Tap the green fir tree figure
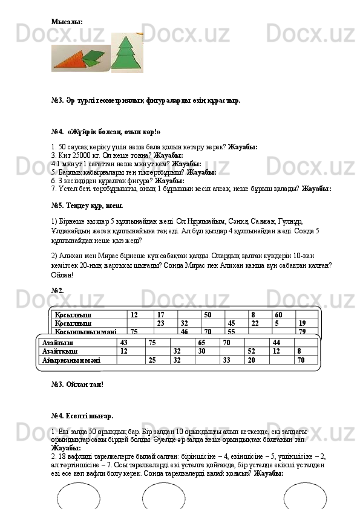click(125, 55)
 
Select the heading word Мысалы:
click(67, 22)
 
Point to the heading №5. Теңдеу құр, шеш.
click(83, 206)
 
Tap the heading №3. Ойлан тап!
click(77, 384)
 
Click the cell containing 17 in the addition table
click(161, 315)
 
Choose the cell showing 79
click(302, 331)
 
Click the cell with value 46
click(185, 331)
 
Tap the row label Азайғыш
click(54, 342)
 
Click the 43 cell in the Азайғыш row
click(125, 342)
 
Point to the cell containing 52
click(252, 351)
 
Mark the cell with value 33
click(227, 360)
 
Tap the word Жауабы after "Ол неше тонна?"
click(168, 155)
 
